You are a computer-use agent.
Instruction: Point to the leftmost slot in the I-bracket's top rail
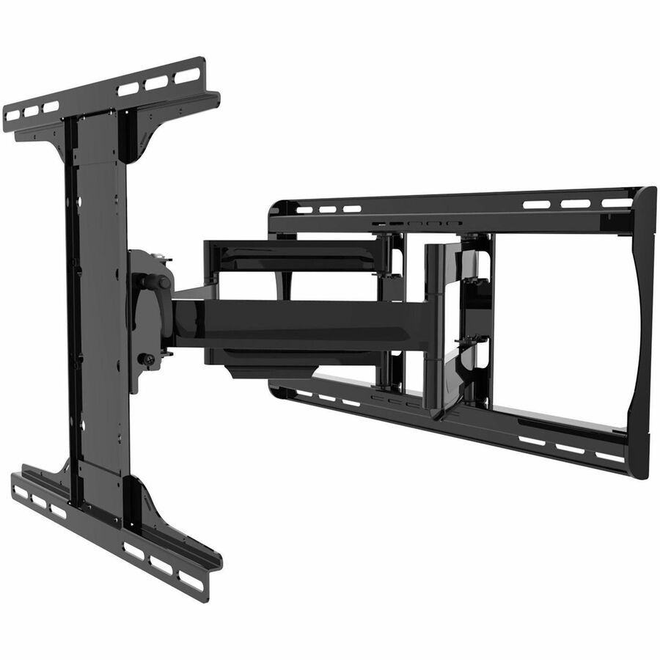[12, 116]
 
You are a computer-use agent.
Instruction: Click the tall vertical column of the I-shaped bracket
[99, 308]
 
